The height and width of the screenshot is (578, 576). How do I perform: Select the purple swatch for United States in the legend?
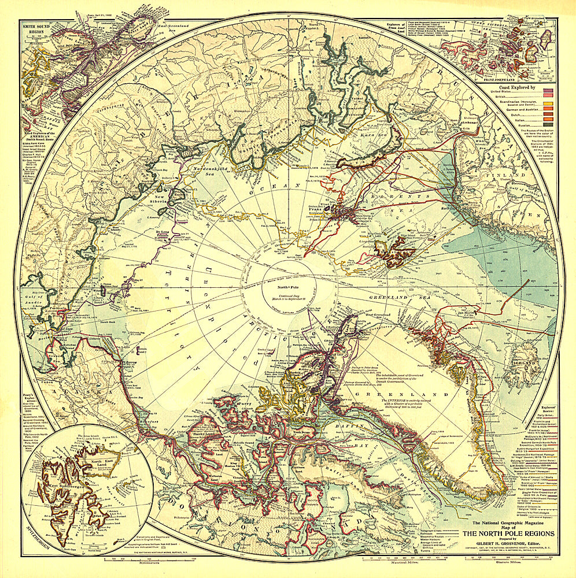pyautogui.click(x=546, y=91)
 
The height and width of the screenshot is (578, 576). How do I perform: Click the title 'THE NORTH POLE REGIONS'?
pyautogui.click(x=507, y=533)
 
